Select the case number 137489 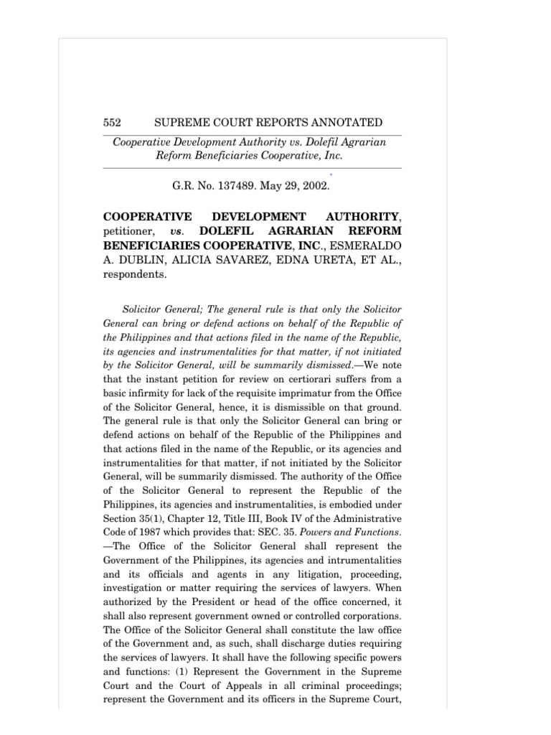[240, 185]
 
